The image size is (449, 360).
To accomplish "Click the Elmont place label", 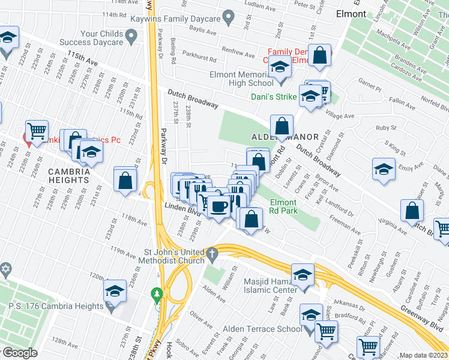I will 351,14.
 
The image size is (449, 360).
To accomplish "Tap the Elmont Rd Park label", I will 283,207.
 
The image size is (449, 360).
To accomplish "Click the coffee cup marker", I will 219,206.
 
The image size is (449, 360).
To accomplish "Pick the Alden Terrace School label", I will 262,329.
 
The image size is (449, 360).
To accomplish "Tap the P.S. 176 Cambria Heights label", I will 56,306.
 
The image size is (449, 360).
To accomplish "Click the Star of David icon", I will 6,268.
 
